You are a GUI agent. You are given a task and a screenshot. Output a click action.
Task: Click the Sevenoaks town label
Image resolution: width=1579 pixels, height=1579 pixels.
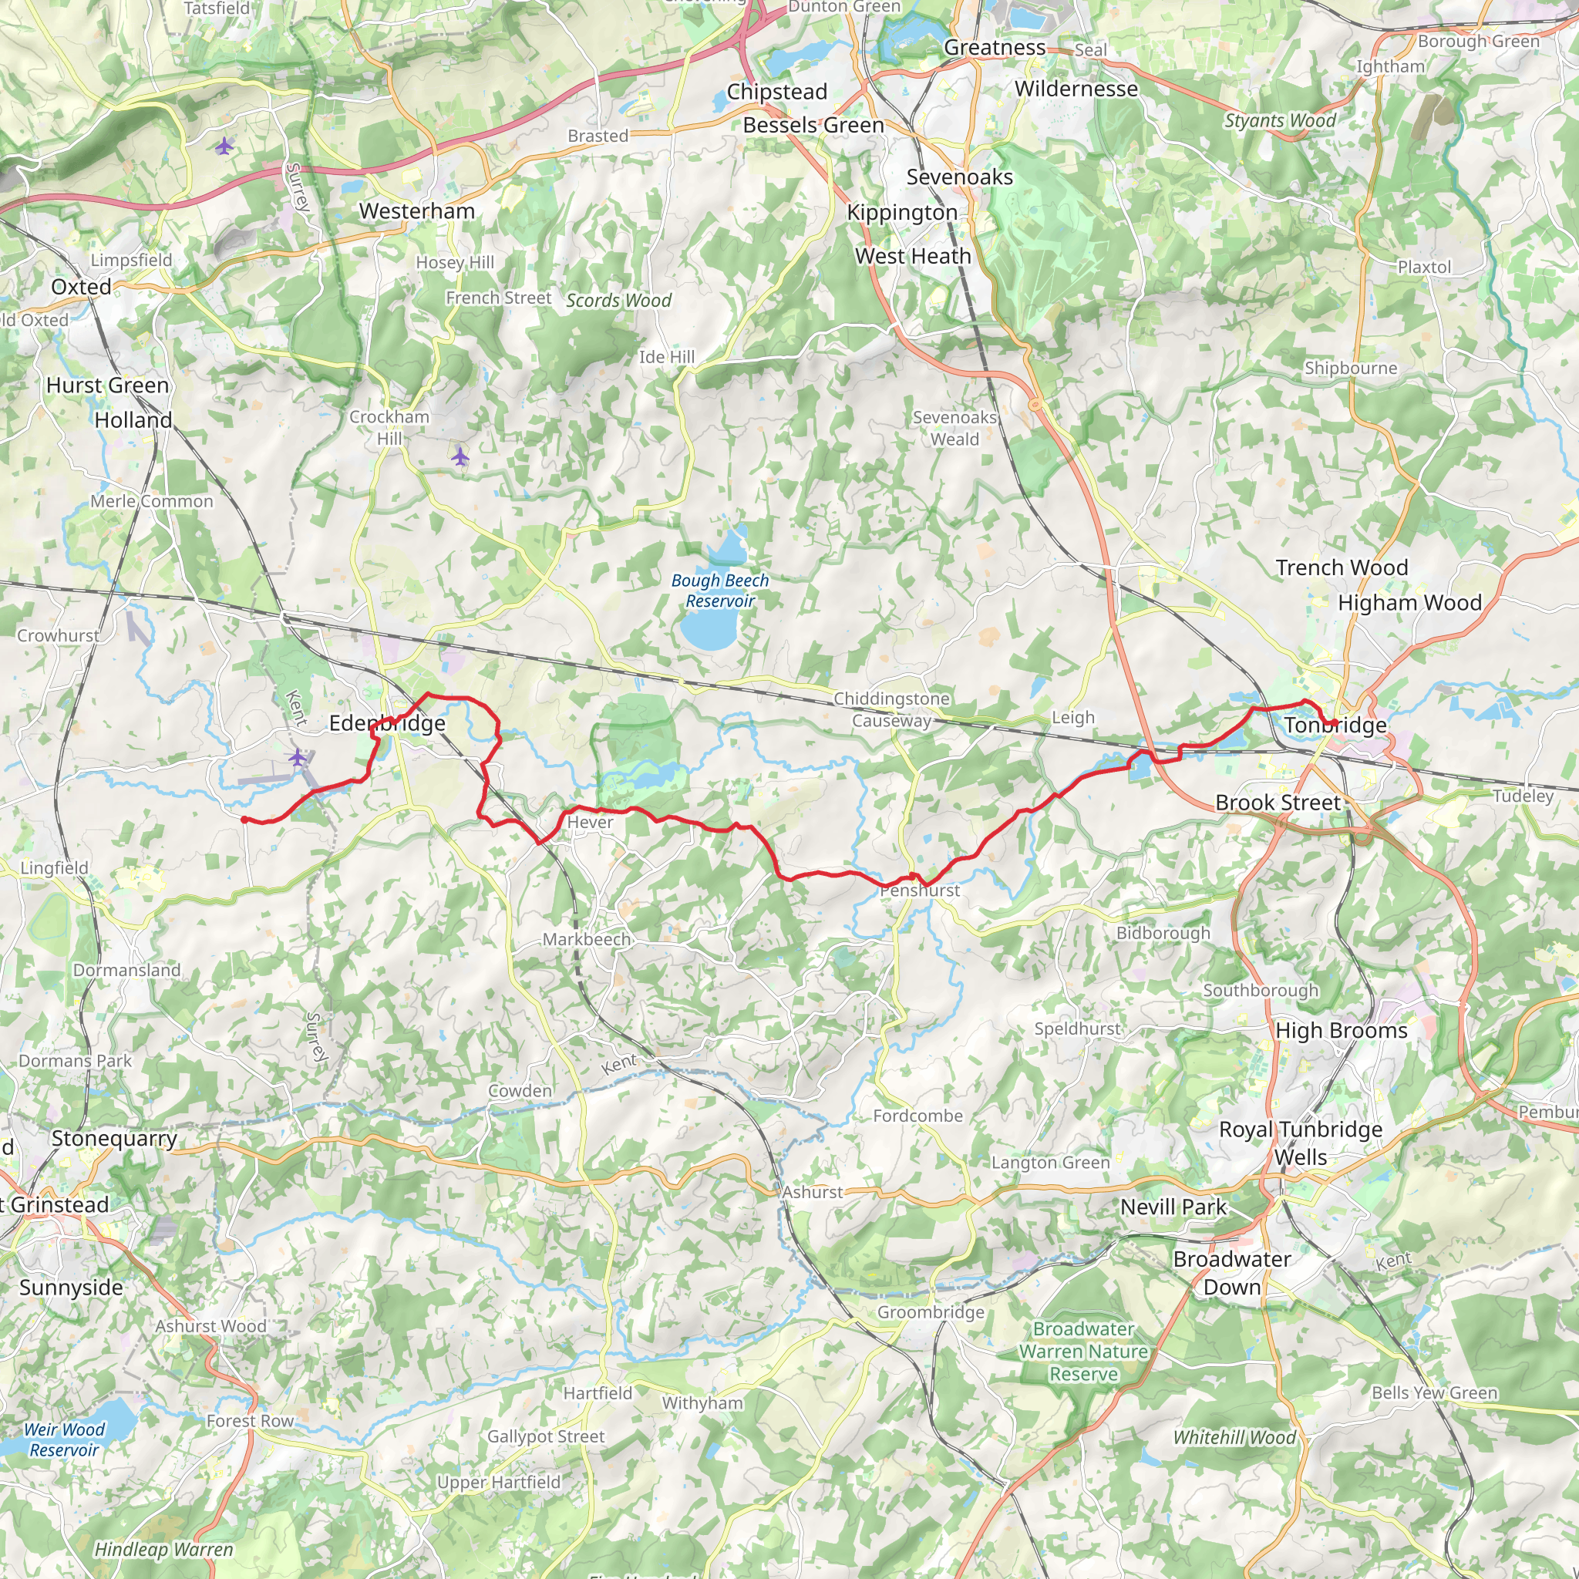pos(959,177)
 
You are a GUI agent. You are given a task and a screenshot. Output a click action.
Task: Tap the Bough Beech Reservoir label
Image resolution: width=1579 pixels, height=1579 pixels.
pos(719,590)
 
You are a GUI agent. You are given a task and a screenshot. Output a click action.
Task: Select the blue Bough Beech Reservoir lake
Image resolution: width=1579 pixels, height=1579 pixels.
pos(707,630)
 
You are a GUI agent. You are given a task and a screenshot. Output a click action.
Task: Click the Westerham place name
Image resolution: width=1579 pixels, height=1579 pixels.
pos(417,210)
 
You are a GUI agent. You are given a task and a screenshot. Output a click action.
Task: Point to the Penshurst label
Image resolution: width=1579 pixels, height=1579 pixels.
pos(921,891)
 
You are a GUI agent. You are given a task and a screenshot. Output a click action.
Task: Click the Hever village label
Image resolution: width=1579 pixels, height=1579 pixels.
pos(590,822)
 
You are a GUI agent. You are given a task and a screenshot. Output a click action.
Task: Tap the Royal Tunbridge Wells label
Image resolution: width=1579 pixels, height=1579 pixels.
pos(1301,1143)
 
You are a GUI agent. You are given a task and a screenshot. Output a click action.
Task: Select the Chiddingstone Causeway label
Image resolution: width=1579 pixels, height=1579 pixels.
pos(892,709)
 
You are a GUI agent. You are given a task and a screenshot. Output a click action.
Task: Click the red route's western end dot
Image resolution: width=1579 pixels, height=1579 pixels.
pos(244,819)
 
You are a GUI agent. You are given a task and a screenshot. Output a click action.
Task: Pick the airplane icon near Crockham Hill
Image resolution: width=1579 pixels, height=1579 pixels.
pos(461,456)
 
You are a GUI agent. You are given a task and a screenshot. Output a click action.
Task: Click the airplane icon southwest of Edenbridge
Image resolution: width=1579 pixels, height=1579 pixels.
pos(298,758)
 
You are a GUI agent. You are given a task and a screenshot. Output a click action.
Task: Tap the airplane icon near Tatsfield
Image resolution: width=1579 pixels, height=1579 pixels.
pos(224,146)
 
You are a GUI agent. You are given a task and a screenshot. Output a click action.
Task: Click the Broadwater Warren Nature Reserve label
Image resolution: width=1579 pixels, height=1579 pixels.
pos(1083,1351)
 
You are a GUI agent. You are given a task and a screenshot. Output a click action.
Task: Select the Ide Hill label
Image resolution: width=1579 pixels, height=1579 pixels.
pos(667,357)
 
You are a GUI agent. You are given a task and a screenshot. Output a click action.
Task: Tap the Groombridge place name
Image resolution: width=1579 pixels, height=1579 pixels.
pos(931,1311)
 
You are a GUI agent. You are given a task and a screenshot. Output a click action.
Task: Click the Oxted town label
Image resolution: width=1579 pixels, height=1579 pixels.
pos(81,287)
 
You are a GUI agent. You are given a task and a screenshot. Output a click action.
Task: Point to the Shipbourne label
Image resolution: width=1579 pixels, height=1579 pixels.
pos(1350,368)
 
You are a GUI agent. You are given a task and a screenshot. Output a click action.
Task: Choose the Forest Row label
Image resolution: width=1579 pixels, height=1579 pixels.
pos(249,1420)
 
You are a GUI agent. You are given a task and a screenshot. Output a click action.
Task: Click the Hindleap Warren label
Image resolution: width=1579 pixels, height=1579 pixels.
pos(163,1549)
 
